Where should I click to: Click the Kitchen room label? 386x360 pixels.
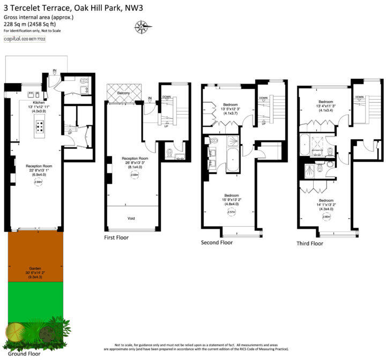click(x=39, y=102)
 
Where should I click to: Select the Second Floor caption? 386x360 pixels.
click(x=217, y=243)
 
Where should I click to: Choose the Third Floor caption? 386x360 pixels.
click(x=310, y=243)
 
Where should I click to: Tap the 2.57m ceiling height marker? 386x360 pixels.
click(x=232, y=212)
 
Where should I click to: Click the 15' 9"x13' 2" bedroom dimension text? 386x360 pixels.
click(x=232, y=200)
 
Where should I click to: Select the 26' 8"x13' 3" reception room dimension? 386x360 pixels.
click(x=134, y=163)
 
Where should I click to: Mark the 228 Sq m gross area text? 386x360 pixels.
click(x=36, y=24)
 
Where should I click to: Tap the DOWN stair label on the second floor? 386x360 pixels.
click(x=263, y=98)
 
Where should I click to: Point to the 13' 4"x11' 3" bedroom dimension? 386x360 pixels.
click(x=325, y=106)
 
